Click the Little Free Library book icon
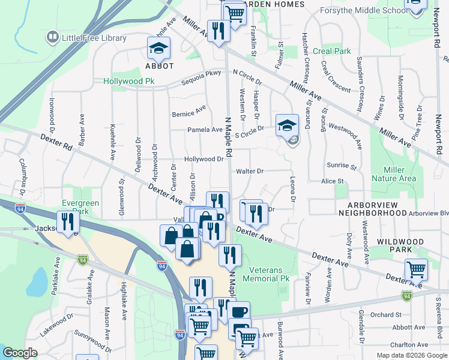(52, 38)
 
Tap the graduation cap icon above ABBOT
(159, 48)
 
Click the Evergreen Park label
(80, 208)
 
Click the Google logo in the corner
(20, 353)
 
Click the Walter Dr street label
(250, 171)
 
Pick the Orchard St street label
(385, 314)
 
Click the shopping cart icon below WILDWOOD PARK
(416, 270)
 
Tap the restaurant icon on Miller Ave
(217, 30)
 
